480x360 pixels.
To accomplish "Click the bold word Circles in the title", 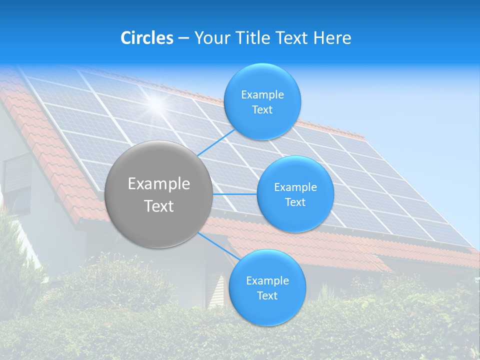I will (x=146, y=37).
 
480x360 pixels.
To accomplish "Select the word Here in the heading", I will (x=333, y=37).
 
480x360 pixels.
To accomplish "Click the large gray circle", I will (x=159, y=194).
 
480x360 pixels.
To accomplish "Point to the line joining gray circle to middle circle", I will (x=235, y=194).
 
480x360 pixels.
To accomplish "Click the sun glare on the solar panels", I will (x=156, y=103).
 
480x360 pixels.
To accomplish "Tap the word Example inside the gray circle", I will (x=159, y=184).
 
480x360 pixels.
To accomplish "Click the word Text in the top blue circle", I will (x=262, y=110).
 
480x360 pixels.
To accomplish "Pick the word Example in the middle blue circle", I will (x=295, y=187).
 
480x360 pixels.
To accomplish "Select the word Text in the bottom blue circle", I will (x=267, y=296).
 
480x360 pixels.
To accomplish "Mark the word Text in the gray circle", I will (x=159, y=206).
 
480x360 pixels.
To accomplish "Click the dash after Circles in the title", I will (x=183, y=38).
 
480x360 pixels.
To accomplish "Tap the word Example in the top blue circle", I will (x=262, y=95).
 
